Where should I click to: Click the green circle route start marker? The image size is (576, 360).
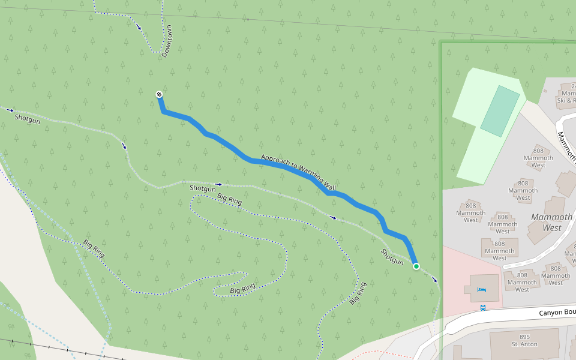tap(416, 266)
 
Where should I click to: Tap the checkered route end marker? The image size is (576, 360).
tap(159, 94)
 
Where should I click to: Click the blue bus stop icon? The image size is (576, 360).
tap(483, 308)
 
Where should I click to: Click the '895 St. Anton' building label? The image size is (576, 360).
tap(524, 341)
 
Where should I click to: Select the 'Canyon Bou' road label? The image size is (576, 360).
tap(557, 312)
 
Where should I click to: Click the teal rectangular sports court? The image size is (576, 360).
tap(499, 110)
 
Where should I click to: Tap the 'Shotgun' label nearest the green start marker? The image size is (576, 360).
tap(392, 256)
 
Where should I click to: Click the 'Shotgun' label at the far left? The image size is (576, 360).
tap(27, 118)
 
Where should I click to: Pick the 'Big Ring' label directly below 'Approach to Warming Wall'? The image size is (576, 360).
tap(229, 199)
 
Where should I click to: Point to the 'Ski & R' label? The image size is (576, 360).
tap(566, 100)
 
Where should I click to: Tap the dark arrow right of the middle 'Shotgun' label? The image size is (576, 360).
tap(218, 184)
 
